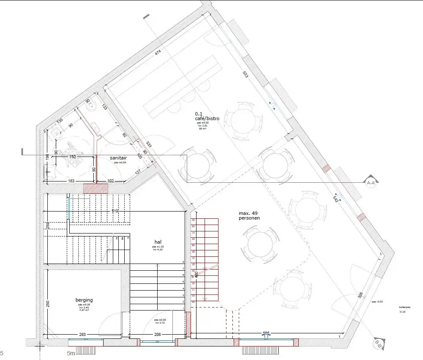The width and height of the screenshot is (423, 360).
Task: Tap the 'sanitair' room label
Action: point(118,157)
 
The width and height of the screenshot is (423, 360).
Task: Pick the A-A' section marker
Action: point(371,182)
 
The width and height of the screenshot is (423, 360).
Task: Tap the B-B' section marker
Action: point(378,344)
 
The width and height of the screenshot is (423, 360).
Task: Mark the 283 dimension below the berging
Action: point(82,335)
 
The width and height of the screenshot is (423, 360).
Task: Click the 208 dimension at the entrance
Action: point(157,335)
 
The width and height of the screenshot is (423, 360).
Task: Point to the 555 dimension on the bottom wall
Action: point(266,334)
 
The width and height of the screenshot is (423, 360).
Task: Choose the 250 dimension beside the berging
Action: point(48,304)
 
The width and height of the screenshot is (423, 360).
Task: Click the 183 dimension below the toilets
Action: point(71,181)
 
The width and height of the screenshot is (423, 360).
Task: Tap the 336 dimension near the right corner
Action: point(360,295)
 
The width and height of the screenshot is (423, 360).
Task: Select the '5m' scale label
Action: point(71,353)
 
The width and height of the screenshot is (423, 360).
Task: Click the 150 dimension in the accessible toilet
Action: point(72,157)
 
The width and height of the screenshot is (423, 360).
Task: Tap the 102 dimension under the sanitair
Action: point(111,181)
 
